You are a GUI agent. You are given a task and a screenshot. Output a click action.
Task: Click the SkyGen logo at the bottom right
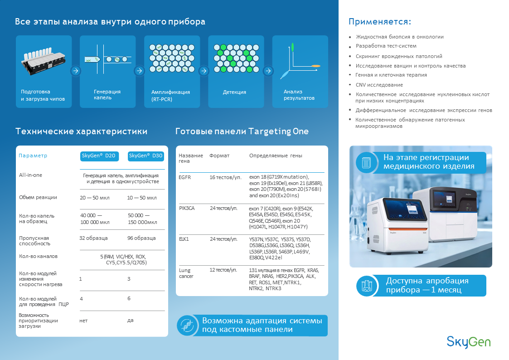tap(468, 341)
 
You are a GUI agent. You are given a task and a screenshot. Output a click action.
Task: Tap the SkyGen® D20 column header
tap(99, 156)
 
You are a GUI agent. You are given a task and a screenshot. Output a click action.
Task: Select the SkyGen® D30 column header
tap(145, 156)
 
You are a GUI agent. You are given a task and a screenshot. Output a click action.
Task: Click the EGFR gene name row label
tap(185, 177)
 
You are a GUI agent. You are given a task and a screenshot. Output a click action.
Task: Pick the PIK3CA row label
tap(187, 208)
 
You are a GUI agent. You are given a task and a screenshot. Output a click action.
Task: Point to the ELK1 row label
tap(184, 239)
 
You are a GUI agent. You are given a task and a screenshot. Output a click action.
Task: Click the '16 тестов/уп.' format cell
tap(225, 177)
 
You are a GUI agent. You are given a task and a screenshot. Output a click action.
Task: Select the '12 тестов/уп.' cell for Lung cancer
tap(223, 270)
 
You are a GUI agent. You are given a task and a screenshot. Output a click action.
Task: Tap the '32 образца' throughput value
tap(93, 238)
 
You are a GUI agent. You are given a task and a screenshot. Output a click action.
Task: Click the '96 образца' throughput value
tap(141, 238)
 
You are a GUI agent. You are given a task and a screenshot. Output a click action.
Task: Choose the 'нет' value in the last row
tap(83, 321)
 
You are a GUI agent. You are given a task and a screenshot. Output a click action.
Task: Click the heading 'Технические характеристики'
tap(81, 131)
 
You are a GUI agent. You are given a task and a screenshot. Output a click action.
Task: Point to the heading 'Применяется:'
tap(380, 22)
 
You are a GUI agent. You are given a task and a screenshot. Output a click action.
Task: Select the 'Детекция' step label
tap(234, 92)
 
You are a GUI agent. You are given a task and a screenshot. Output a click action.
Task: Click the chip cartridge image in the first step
tap(44, 61)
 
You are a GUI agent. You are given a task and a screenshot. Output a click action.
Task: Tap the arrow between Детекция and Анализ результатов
tap(268, 71)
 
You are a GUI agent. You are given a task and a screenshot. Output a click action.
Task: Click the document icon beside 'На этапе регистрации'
tap(366, 162)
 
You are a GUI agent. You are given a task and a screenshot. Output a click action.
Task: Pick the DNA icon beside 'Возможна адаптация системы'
tap(186, 325)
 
